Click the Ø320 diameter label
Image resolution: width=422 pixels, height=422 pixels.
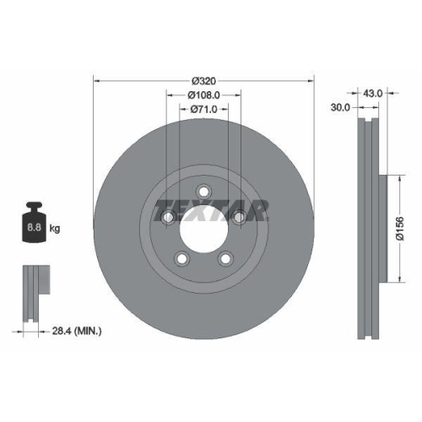203,80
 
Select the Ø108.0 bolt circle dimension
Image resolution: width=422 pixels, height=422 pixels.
203,95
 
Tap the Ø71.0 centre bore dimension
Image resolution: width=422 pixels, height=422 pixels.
203,110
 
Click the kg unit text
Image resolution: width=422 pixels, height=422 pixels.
55,228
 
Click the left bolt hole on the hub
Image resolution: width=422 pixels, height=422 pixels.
167,218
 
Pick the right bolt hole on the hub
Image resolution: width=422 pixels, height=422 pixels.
239,218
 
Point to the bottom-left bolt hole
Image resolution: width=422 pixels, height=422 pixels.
180,258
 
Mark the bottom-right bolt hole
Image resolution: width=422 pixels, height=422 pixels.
225,258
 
